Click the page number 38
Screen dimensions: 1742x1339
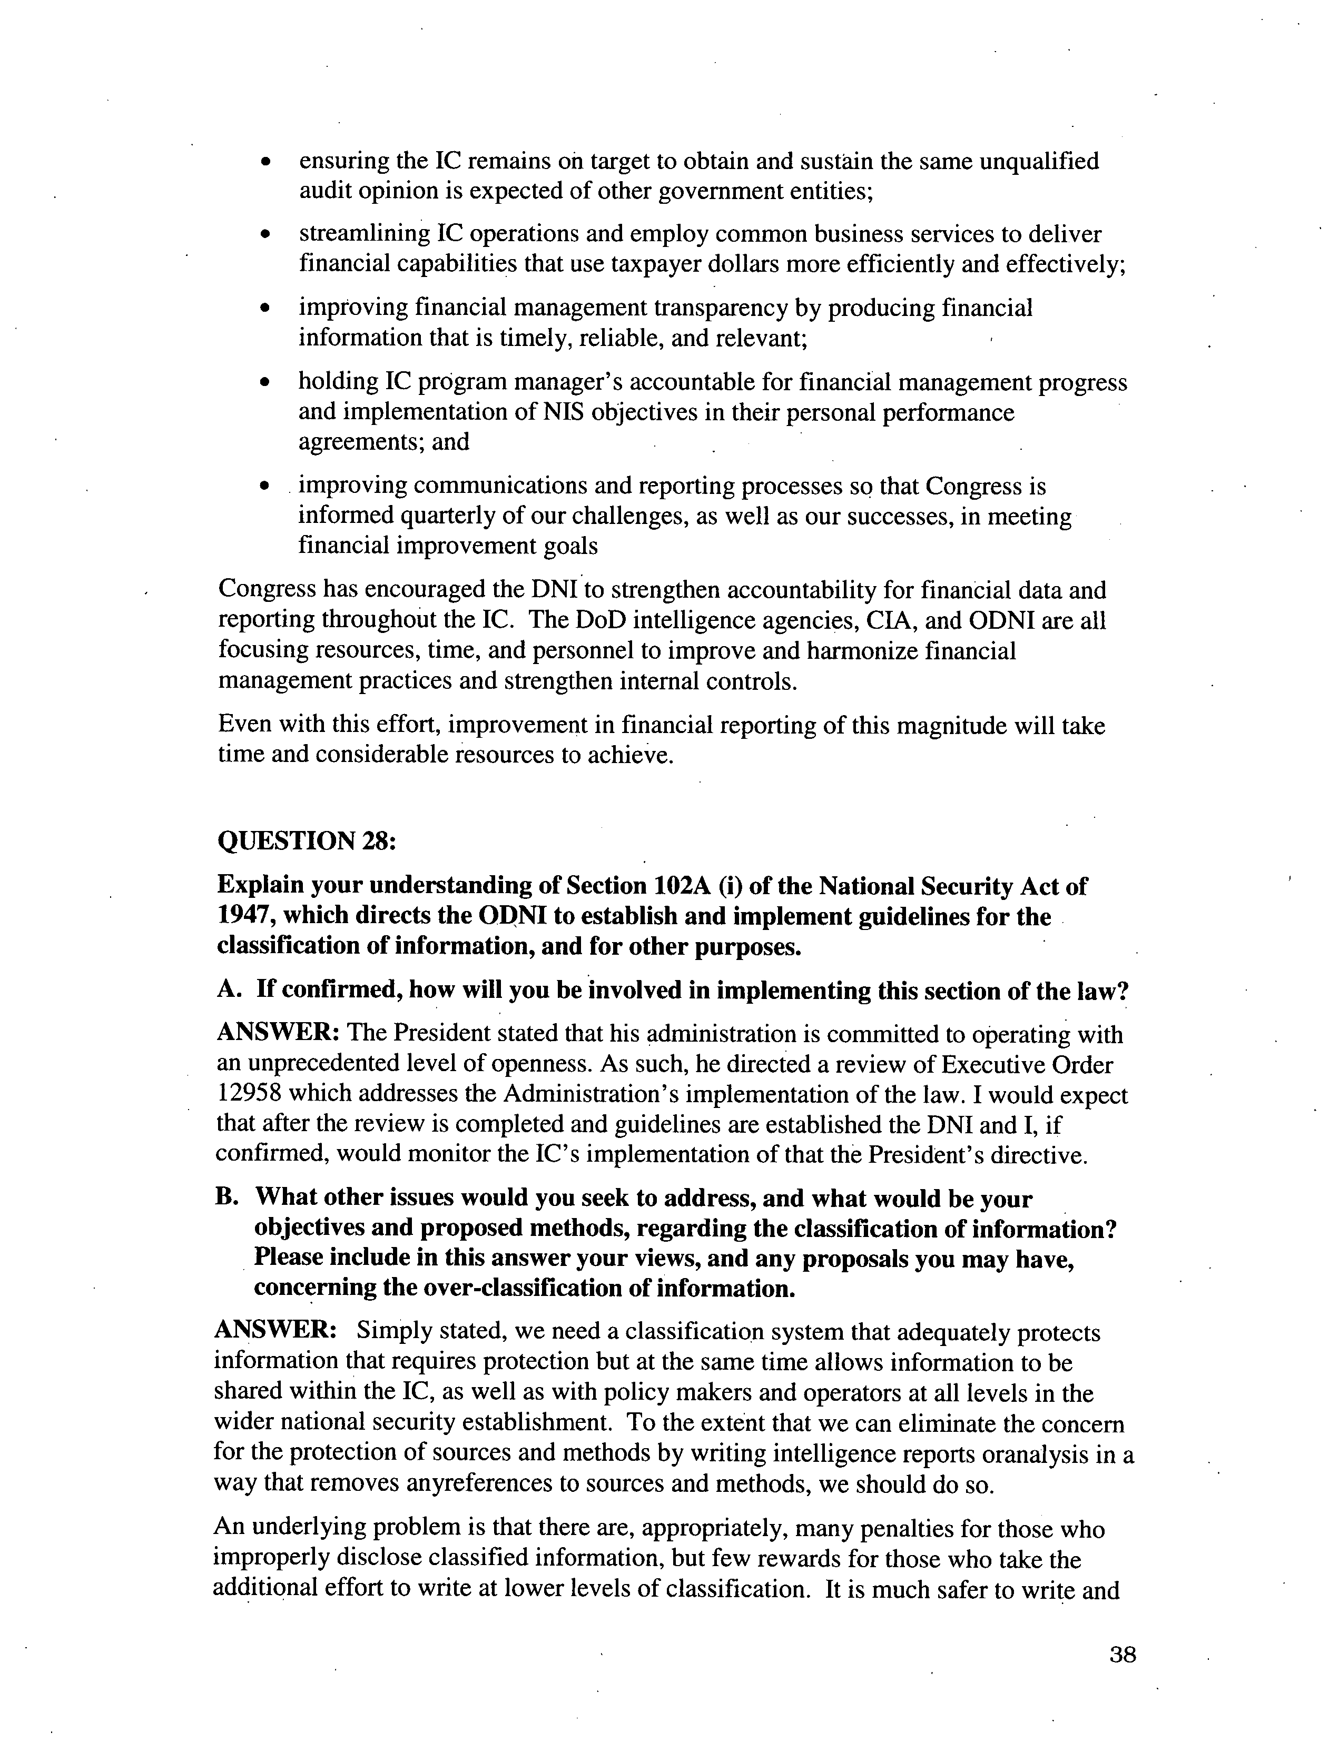coord(1122,1655)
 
